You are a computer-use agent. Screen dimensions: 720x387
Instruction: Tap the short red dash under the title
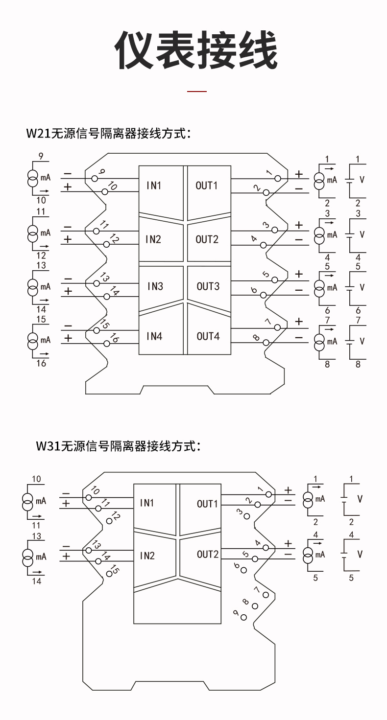click(197, 91)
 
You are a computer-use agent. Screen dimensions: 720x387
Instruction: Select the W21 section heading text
click(108, 134)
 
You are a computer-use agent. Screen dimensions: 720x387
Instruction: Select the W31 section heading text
click(118, 446)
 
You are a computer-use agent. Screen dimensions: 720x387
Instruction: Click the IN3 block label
click(155, 286)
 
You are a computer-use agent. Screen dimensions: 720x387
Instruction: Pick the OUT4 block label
click(208, 336)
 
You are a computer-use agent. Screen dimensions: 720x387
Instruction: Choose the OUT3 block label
click(208, 286)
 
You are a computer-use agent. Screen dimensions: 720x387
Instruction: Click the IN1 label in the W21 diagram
click(154, 186)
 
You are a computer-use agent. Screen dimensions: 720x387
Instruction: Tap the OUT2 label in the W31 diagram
click(208, 554)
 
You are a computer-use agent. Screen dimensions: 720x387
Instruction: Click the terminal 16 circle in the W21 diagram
click(107, 344)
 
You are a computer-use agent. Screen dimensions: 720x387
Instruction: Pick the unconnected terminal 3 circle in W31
click(247, 516)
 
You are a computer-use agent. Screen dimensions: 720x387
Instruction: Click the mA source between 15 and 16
click(32, 339)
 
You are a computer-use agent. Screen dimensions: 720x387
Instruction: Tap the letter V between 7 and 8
click(362, 341)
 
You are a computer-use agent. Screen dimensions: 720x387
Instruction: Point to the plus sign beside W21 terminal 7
click(299, 322)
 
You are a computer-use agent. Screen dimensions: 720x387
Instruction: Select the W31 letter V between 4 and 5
click(360, 554)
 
